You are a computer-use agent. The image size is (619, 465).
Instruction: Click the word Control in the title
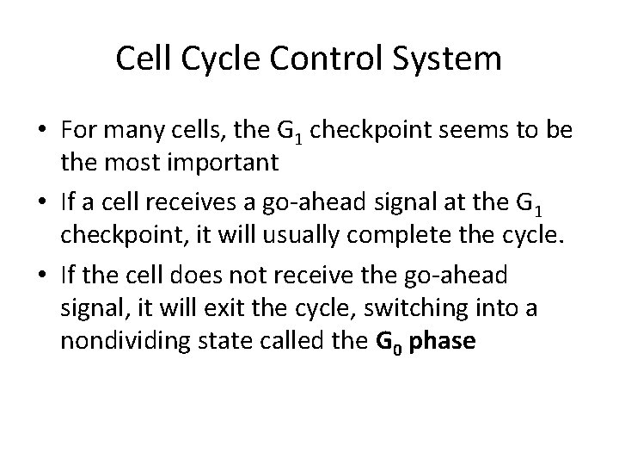318,59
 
